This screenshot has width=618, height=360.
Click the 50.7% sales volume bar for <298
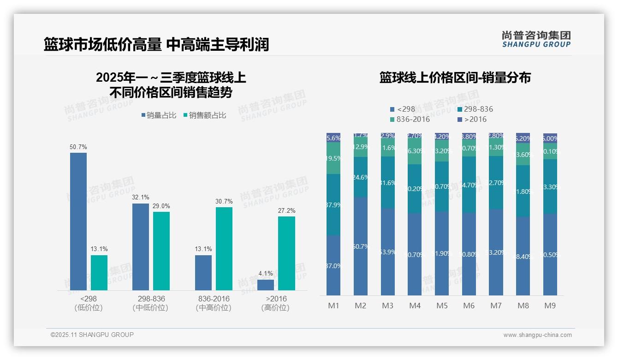pos(78,222)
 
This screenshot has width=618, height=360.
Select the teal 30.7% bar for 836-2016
pos(224,249)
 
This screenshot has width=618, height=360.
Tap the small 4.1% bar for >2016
pos(266,285)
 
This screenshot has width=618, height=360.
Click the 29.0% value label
pos(161,206)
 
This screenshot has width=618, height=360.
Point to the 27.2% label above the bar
pos(287,210)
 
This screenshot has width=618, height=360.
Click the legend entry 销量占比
pos(159,115)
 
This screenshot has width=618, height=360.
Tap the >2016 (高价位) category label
pos(275,303)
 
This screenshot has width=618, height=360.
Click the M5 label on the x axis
pos(442,306)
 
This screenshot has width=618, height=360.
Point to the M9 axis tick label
pos(550,306)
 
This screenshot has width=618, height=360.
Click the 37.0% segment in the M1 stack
pos(333,265)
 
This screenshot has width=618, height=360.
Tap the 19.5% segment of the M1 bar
pos(333,158)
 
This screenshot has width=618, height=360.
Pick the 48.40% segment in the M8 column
pos(523,256)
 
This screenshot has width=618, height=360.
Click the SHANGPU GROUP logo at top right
pos(536,39)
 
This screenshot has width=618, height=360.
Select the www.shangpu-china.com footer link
pos(537,335)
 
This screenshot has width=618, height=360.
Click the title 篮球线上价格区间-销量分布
pos(455,78)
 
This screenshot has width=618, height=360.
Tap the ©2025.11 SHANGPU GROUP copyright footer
pos(92,335)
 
